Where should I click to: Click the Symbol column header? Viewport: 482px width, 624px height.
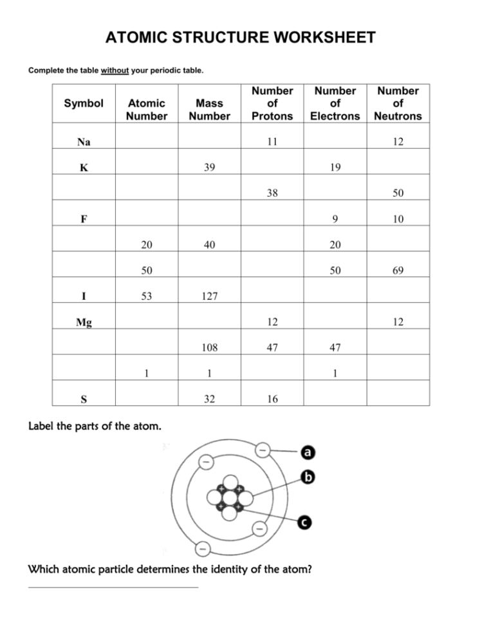click(84, 103)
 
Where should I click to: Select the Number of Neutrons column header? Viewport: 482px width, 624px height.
click(398, 103)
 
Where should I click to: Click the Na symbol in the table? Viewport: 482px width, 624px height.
click(84, 142)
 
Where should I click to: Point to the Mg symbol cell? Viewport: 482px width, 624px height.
click(84, 322)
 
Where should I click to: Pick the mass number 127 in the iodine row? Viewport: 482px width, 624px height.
click(209, 297)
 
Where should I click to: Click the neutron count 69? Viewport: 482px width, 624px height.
click(398, 271)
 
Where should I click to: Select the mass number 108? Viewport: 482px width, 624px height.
click(209, 348)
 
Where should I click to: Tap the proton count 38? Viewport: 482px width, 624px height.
click(272, 193)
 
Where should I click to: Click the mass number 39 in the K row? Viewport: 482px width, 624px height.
click(209, 167)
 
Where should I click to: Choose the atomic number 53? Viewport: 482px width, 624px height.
click(147, 297)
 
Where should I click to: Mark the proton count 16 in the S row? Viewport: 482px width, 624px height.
click(272, 399)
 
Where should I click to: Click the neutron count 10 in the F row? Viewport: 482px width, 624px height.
click(398, 219)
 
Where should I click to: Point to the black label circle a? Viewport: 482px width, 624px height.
click(308, 453)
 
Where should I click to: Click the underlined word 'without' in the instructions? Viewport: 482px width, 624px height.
click(115, 70)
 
